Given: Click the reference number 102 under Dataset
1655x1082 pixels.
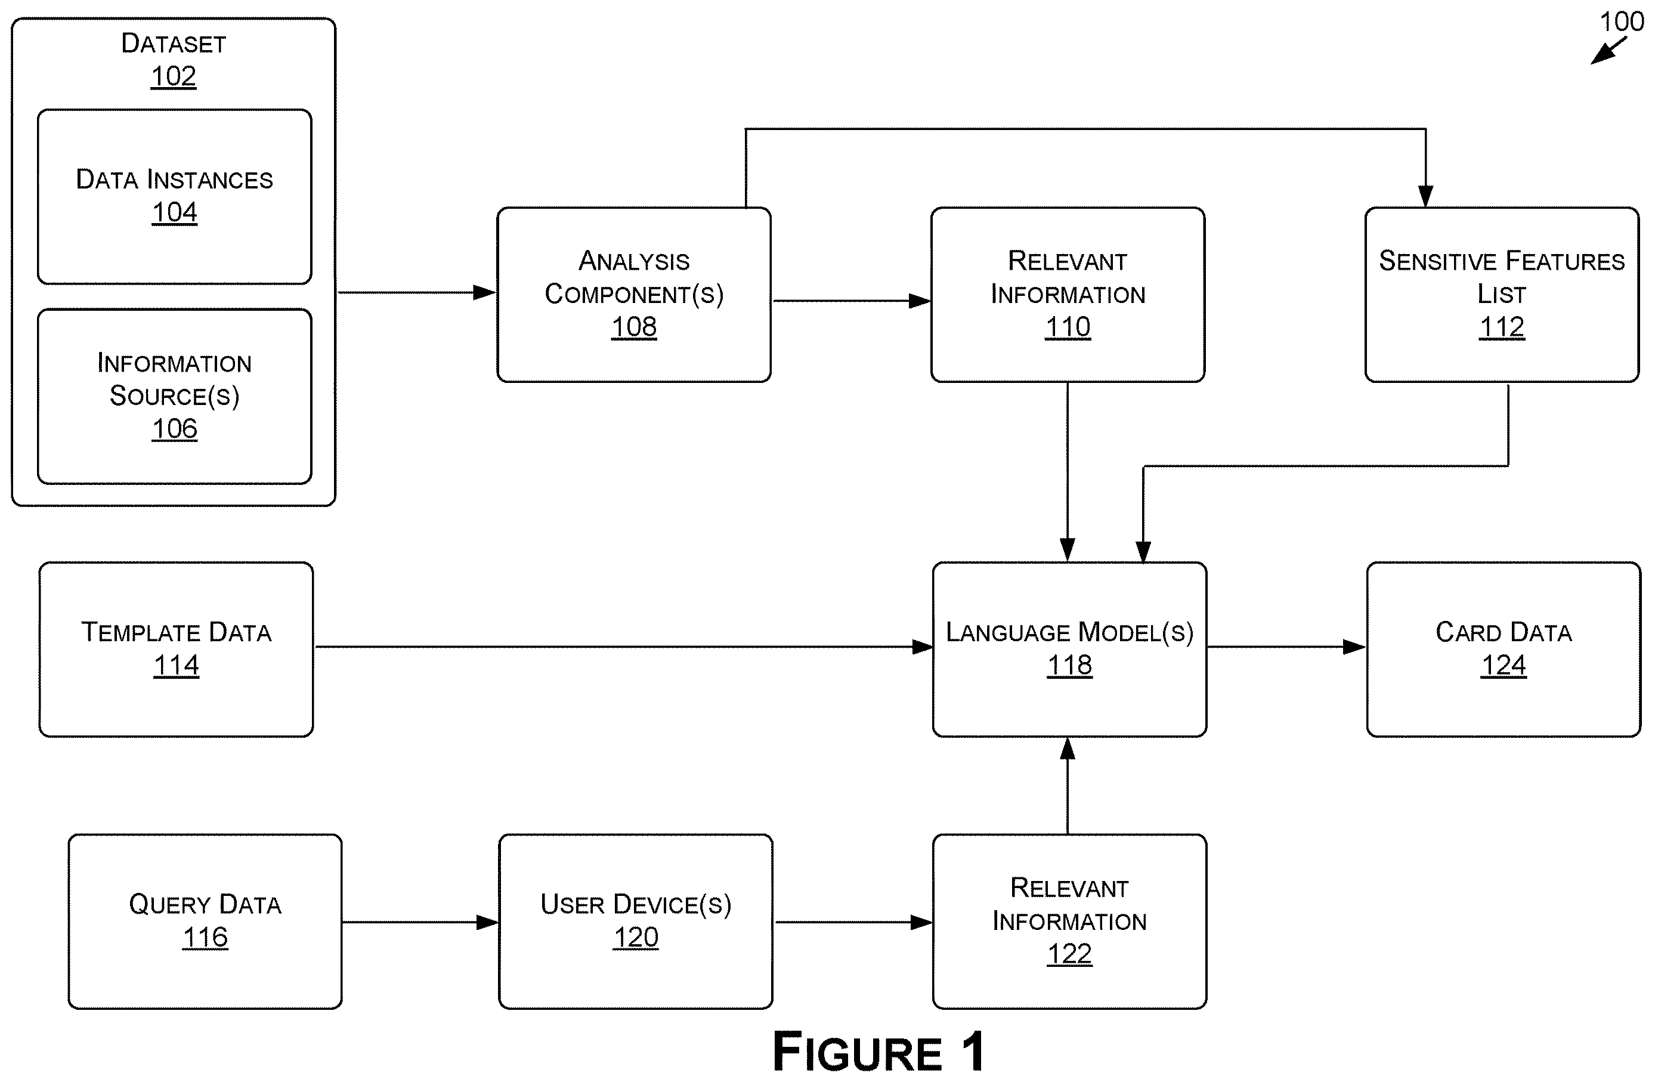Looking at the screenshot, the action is tap(173, 76).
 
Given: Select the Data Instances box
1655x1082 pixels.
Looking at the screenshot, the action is tap(175, 197).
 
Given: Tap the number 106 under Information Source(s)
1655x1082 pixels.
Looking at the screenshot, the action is tap(175, 428).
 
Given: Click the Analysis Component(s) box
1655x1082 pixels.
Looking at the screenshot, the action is tap(634, 295).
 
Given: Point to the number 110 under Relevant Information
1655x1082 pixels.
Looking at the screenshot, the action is tap(1068, 327).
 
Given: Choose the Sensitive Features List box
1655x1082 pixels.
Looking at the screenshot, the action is tap(1502, 295).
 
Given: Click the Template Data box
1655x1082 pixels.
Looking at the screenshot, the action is tap(177, 650).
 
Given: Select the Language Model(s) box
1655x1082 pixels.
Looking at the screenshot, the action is tap(1069, 650).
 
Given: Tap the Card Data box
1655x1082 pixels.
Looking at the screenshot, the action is tap(1504, 650).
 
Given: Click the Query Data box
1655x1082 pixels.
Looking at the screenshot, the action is tap(205, 922).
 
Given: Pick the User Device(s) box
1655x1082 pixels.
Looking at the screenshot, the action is tap(636, 922).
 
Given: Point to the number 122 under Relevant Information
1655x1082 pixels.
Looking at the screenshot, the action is tap(1069, 953).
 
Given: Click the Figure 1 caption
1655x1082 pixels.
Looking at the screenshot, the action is tap(879, 1052).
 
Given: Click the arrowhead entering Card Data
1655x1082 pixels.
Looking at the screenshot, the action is tap(1354, 647).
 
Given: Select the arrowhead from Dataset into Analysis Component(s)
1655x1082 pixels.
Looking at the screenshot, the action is tap(485, 293).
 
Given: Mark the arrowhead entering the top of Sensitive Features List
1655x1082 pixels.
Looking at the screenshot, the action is tap(1425, 196).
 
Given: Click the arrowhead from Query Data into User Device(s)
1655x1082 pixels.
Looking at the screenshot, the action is tap(487, 923).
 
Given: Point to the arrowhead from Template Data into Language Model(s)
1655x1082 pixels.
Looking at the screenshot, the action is tap(922, 647).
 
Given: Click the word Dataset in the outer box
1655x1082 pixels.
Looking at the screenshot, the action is tap(174, 43).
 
